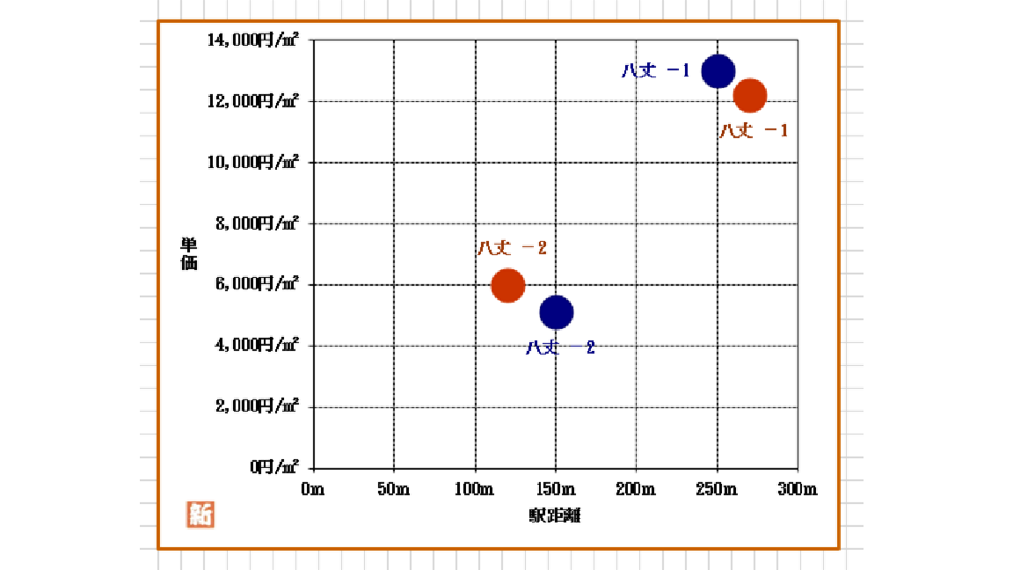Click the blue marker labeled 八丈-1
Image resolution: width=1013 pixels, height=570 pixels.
click(x=718, y=71)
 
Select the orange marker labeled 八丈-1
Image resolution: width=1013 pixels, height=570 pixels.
click(x=750, y=95)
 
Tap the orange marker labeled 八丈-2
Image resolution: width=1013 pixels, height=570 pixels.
click(x=508, y=284)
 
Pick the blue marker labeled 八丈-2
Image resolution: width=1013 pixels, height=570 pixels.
click(x=557, y=311)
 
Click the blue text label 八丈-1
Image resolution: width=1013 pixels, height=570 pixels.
click(x=655, y=71)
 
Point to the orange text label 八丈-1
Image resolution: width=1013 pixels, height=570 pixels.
click(x=754, y=130)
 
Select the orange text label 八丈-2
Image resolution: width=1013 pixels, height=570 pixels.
click(x=512, y=248)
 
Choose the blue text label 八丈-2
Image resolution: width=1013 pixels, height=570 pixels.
click(x=561, y=347)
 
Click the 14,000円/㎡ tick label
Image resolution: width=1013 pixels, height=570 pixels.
click(x=253, y=40)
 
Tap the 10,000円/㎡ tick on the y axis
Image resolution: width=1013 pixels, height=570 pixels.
click(x=253, y=162)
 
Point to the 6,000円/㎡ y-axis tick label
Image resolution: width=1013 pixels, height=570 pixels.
click(x=258, y=284)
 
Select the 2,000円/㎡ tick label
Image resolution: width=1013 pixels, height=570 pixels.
click(x=258, y=406)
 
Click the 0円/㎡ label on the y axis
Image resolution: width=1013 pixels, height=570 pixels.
click(x=274, y=466)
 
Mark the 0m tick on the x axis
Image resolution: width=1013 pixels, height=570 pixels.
click(x=312, y=489)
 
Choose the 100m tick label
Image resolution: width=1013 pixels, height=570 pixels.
click(x=475, y=489)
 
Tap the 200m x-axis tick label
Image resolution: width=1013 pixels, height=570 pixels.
click(x=636, y=489)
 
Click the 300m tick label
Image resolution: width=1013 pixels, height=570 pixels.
click(x=798, y=489)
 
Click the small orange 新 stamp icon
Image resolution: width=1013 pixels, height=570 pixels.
click(x=200, y=514)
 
